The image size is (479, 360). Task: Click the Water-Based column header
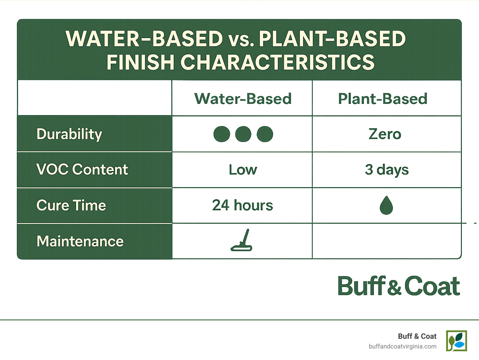click(x=243, y=99)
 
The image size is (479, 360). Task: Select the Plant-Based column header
click(x=383, y=99)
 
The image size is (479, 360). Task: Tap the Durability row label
click(x=69, y=134)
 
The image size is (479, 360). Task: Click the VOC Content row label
click(x=82, y=169)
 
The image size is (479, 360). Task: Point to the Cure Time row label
click(x=71, y=205)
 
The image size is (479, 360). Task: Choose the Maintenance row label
click(x=80, y=241)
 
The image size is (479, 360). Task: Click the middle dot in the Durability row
click(x=243, y=134)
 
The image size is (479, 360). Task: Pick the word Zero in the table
click(x=385, y=134)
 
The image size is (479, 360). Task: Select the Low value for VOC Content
click(x=243, y=170)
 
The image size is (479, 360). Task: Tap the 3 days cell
click(x=387, y=170)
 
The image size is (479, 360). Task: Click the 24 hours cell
click(x=242, y=205)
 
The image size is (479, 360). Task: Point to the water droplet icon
click(x=386, y=206)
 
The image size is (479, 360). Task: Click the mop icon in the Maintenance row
click(x=242, y=241)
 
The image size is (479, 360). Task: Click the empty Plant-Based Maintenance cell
click(x=386, y=241)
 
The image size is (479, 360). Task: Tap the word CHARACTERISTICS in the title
click(x=277, y=62)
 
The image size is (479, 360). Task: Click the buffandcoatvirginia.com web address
click(x=402, y=346)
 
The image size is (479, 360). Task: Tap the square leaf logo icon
click(x=456, y=341)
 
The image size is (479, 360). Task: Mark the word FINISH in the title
click(x=140, y=62)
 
